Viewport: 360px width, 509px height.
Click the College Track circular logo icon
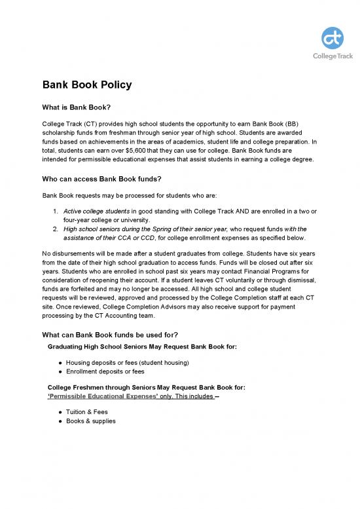tap(333, 39)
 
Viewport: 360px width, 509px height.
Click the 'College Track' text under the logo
tap(333, 56)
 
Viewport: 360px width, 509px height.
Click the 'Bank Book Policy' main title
tap(87, 85)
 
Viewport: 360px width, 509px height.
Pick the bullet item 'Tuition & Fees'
tap(88, 412)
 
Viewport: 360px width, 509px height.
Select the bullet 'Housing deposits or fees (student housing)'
tap(127, 362)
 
